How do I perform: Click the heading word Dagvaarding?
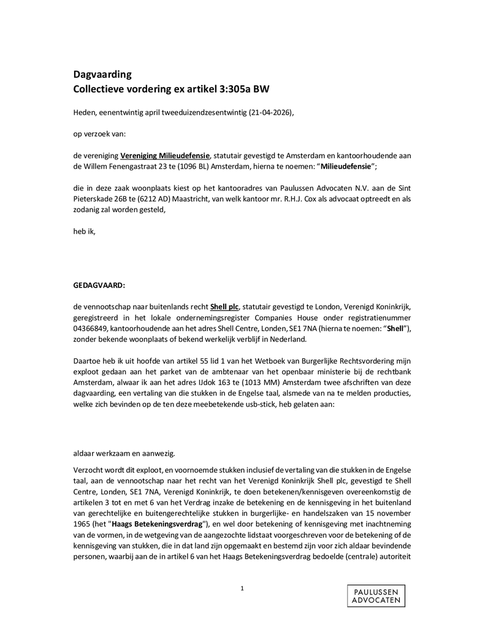click(x=102, y=75)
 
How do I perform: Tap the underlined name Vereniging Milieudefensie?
click(x=165, y=156)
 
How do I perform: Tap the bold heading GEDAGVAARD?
click(x=98, y=285)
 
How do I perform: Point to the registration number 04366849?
click(x=90, y=329)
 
